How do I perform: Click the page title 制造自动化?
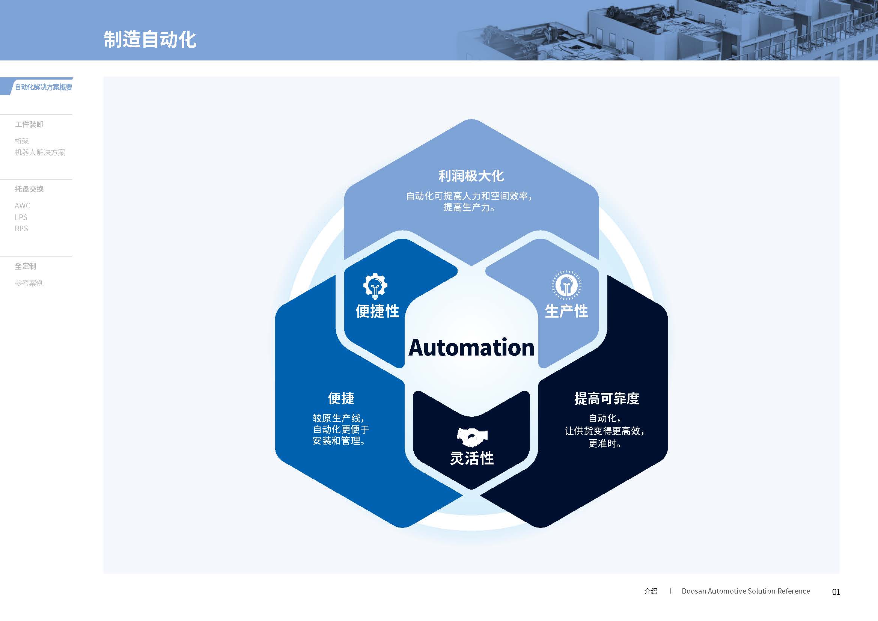tap(150, 39)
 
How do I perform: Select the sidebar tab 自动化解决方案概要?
tap(43, 87)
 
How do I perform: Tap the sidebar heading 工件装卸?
tap(29, 124)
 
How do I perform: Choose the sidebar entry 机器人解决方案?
tap(40, 152)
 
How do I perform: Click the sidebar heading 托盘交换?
tap(29, 189)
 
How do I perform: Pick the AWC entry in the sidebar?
tap(22, 206)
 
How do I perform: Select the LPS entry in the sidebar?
tap(21, 217)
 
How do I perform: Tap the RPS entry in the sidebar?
tap(21, 229)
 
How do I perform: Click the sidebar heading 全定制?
tap(25, 266)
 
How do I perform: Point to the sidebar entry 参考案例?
tap(29, 283)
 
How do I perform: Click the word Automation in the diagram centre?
tap(471, 348)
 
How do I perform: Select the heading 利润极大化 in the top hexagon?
tap(471, 176)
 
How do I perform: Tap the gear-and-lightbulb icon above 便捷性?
tap(375, 286)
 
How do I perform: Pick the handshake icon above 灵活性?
tap(472, 437)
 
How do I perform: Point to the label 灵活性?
tap(472, 458)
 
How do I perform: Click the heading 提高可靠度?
tap(607, 398)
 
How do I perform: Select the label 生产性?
tap(566, 311)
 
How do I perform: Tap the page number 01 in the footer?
tap(836, 592)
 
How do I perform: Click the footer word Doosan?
tap(694, 591)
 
